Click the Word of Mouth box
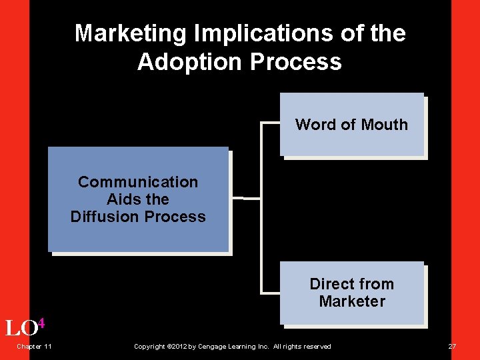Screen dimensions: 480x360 click(351, 125)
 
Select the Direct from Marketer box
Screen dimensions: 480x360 click(351, 293)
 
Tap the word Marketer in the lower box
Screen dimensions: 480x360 click(352, 301)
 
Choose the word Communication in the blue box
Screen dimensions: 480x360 click(138, 182)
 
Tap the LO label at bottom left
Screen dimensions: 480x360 click(20, 328)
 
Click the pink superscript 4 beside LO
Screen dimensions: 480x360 click(41, 323)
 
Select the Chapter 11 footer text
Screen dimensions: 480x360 click(35, 346)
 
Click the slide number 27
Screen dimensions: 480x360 click(452, 346)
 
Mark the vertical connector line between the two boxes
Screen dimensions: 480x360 click(261, 207)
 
